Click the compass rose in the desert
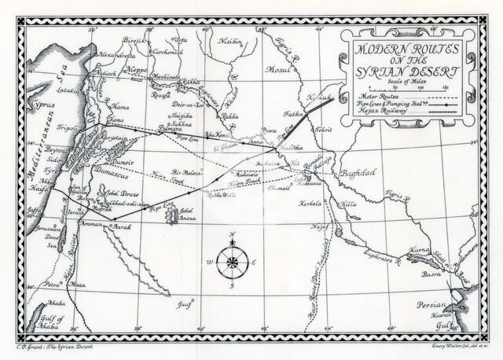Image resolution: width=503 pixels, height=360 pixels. [x=230, y=261]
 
